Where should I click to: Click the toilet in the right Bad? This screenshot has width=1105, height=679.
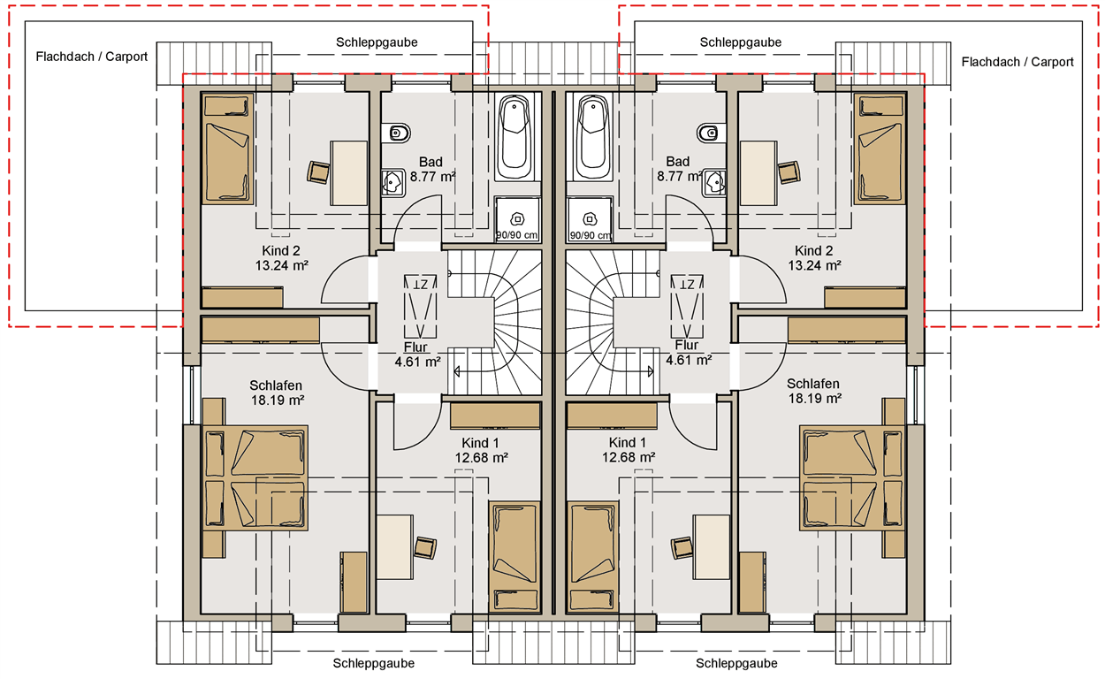[x=712, y=133]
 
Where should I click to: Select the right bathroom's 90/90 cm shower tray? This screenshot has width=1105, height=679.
[x=590, y=219]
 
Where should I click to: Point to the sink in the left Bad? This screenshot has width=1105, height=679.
[x=392, y=183]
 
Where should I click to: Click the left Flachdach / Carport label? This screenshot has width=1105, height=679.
[x=92, y=57]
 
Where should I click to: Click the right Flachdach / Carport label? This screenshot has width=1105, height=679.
[x=1017, y=62]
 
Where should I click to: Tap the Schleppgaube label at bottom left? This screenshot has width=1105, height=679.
[x=373, y=663]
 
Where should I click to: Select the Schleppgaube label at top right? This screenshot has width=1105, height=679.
[x=741, y=42]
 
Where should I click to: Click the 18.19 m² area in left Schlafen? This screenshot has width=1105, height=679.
[x=278, y=401]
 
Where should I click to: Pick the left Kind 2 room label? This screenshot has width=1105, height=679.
[x=281, y=251]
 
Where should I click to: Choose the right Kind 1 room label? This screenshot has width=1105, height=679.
[x=627, y=443]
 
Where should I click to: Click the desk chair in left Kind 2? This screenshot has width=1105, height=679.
[x=318, y=172]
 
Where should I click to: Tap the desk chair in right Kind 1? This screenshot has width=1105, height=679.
[x=682, y=548]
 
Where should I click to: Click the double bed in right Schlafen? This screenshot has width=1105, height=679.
[x=852, y=478]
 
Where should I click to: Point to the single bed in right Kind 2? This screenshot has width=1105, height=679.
[x=880, y=149]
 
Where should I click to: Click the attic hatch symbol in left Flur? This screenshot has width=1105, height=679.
[x=420, y=307]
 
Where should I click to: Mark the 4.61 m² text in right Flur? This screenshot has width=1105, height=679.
[x=689, y=360]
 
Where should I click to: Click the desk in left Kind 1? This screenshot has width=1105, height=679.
[x=394, y=547]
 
